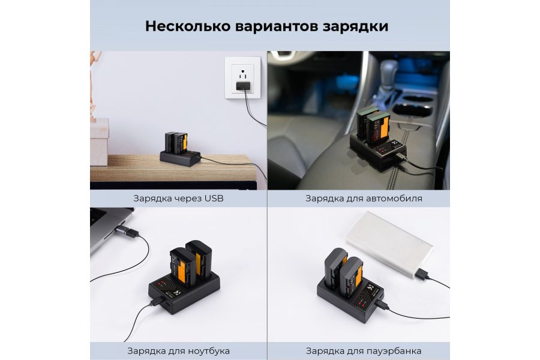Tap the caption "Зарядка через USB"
[179, 198]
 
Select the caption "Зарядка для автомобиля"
[364, 198]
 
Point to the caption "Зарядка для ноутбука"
[179, 350]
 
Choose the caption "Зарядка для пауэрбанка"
[364, 350]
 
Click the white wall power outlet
[242, 78]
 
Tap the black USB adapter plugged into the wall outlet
[242, 88]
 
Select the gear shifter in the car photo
[384, 84]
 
